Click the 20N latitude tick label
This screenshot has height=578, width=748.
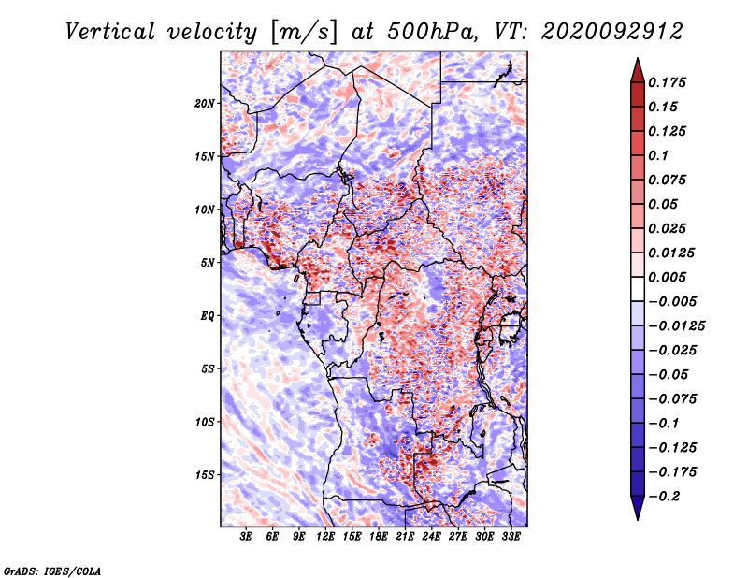205,104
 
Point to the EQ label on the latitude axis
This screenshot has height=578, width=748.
208,316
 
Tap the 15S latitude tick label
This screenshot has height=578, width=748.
205,475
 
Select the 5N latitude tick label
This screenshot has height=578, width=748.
208,263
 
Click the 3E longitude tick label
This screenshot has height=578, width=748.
246,536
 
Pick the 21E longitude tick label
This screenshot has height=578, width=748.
405,536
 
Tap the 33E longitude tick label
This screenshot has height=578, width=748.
511,536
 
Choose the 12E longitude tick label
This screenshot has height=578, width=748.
325,536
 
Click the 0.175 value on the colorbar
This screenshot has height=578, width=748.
667,82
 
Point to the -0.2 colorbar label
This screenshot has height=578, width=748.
665,497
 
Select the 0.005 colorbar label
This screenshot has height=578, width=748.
667,277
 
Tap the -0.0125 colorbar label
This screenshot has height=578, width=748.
676,326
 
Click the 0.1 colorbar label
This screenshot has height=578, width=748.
658,155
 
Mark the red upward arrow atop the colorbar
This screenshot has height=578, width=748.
638,70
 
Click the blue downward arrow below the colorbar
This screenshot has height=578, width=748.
638,508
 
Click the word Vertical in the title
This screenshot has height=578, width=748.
110,32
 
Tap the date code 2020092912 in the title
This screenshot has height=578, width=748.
612,32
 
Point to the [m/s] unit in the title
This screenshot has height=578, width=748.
304,33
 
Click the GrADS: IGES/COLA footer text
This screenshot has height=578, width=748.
52,571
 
